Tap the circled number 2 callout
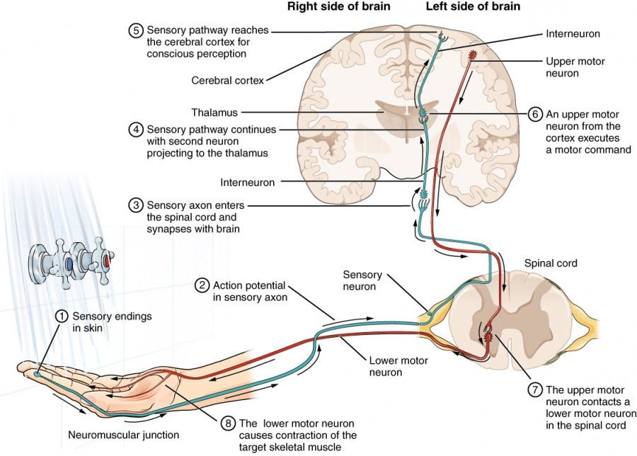pyautogui.click(x=202, y=285)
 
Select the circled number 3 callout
pyautogui.click(x=135, y=205)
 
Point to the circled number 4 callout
pyautogui.click(x=135, y=130)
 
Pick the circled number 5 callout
pyautogui.click(x=135, y=31)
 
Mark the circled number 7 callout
pyautogui.click(x=536, y=389)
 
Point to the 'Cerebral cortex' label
pyautogui.click(x=228, y=81)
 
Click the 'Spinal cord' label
pyautogui.click(x=551, y=263)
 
